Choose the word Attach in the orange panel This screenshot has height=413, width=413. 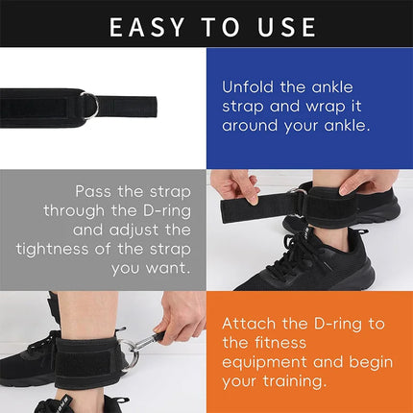click(x=252, y=326)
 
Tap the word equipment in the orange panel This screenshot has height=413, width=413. click(x=265, y=362)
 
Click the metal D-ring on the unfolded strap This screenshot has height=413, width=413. click(x=88, y=103)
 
